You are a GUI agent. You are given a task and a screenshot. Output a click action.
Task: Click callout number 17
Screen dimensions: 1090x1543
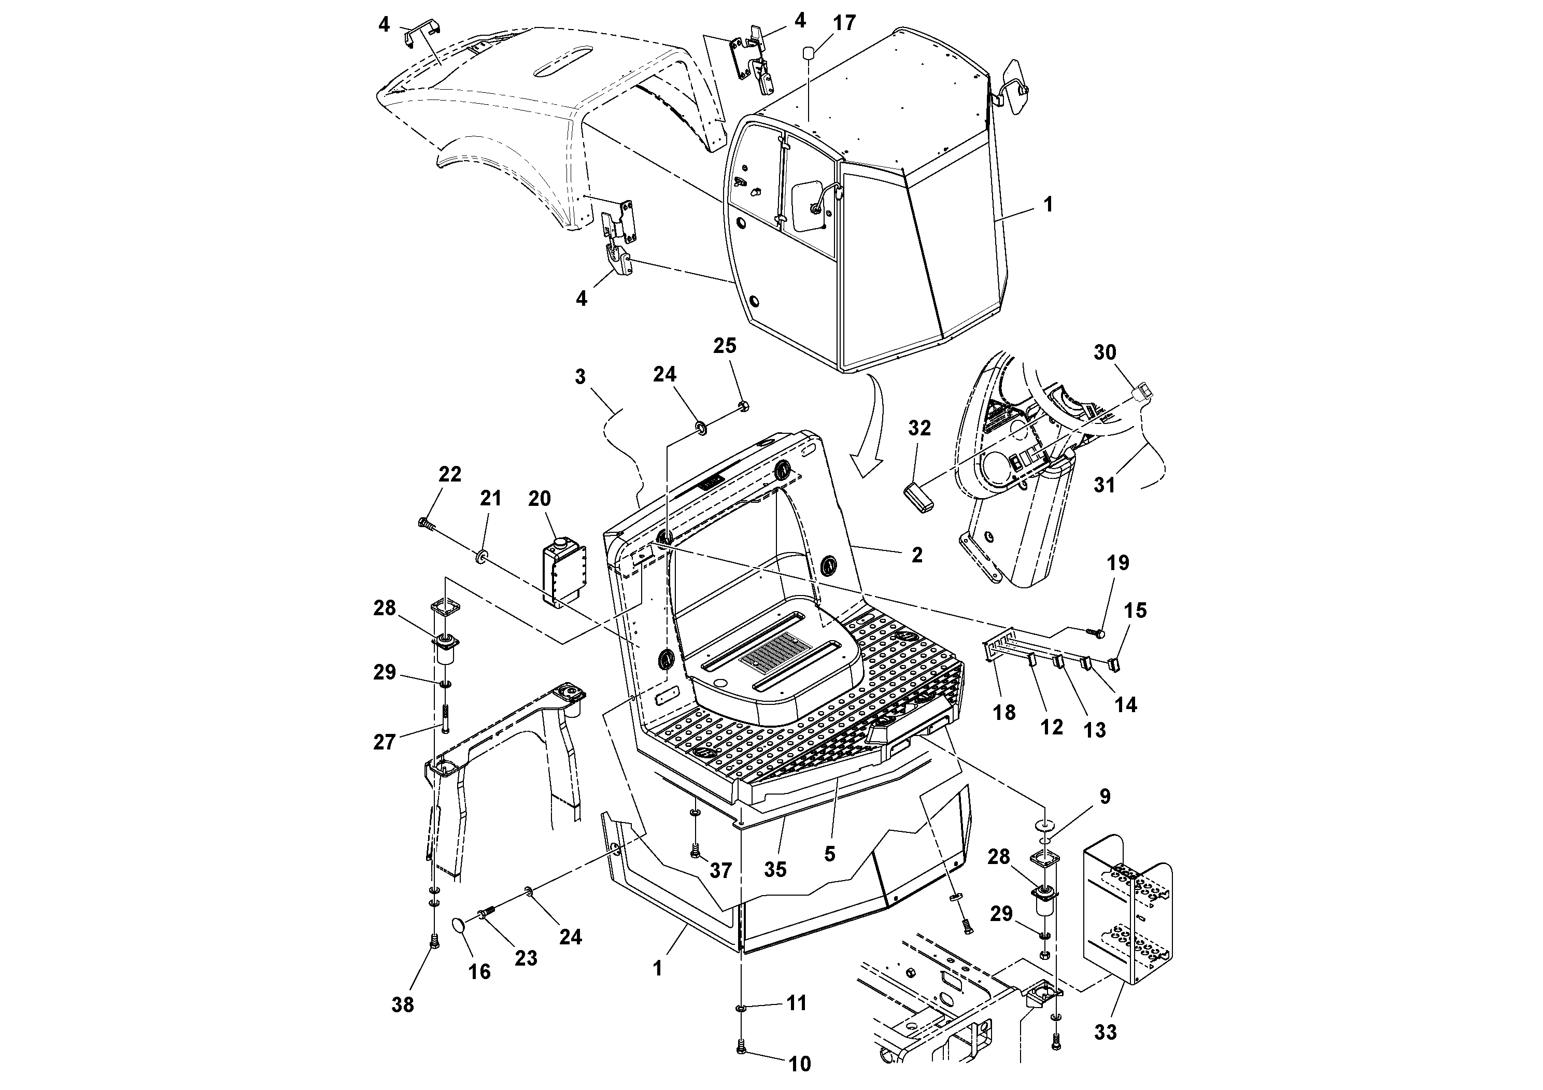tap(844, 23)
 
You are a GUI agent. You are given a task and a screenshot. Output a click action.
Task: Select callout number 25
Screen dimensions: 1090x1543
tap(725, 346)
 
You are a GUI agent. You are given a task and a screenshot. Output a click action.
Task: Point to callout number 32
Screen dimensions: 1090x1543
tap(919, 428)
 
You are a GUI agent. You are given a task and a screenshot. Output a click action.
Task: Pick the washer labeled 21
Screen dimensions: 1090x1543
tap(481, 557)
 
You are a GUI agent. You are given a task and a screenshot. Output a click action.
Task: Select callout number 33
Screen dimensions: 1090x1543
tap(1105, 1031)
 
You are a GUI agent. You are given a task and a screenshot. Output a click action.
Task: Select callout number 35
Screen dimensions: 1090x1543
tap(775, 870)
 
